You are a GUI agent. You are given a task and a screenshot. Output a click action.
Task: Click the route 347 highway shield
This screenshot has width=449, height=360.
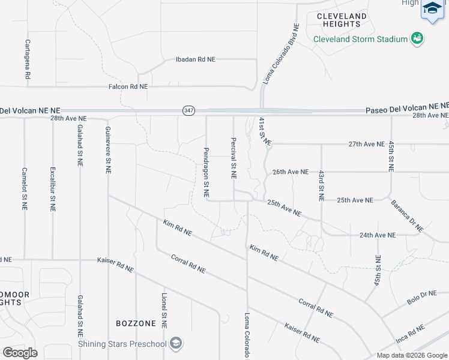click(188, 110)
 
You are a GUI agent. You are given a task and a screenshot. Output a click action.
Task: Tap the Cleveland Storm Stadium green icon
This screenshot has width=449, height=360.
click(417, 39)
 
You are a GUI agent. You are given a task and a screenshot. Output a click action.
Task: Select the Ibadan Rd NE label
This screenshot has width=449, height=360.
click(195, 59)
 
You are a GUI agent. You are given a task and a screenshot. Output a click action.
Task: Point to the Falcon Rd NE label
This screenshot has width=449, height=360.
click(128, 86)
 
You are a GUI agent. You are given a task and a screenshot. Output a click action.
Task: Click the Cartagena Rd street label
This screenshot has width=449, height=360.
click(28, 60)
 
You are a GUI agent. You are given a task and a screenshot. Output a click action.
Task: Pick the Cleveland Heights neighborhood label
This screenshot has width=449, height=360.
click(342, 20)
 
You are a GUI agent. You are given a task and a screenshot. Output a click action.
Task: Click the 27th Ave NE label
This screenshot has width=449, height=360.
click(366, 144)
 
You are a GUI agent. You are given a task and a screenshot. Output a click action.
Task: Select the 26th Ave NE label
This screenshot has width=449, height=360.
click(291, 172)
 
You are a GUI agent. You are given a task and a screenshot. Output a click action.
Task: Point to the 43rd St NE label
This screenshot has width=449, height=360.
click(321, 185)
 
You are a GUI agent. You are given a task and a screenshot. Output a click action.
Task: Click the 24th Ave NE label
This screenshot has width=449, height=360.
click(378, 235)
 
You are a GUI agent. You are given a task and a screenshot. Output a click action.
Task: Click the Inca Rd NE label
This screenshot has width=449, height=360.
click(410, 334)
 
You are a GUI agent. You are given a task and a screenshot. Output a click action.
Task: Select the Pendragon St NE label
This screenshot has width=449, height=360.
click(206, 173)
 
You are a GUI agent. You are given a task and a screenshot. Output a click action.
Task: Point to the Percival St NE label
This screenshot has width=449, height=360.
click(234, 158)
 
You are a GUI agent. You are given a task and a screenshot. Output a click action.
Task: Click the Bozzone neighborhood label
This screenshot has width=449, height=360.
click(136, 323)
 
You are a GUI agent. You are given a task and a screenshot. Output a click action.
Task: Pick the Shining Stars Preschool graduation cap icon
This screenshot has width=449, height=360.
click(176, 343)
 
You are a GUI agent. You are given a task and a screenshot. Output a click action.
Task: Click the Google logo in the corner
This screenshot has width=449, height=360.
click(20, 353)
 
